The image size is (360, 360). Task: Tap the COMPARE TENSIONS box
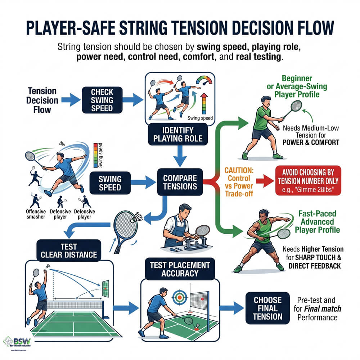coord(180,182)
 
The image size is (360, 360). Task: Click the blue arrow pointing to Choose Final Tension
coord(231,308)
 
